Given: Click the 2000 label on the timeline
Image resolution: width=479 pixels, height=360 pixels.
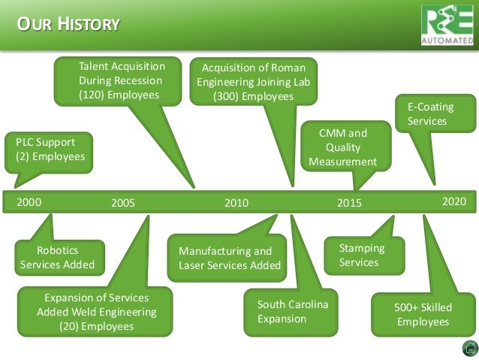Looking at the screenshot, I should pos(29,201).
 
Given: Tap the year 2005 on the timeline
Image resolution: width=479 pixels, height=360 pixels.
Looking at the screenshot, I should pos(122,203).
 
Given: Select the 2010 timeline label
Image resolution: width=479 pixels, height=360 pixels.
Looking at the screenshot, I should pos(236,203).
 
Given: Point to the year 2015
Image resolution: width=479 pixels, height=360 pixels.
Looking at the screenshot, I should pos(349,203).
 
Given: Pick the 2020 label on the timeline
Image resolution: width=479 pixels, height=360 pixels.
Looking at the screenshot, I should pos(454,201).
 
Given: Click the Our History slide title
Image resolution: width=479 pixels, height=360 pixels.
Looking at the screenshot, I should pos(68,25).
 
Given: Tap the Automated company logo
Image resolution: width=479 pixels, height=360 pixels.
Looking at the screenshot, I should pos(448,25).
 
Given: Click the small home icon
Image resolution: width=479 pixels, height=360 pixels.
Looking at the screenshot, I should pos(469,348).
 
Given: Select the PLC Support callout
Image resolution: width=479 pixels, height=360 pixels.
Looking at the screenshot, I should pos(50,150).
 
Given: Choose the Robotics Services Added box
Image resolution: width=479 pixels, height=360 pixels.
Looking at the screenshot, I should pos(57,256).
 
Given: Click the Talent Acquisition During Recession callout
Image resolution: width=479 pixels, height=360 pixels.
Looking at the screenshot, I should pos(119,81).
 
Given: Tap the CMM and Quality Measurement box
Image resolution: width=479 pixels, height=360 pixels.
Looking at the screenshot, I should pos(342,147).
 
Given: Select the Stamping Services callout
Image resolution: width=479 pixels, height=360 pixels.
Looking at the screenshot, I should pos(363,255).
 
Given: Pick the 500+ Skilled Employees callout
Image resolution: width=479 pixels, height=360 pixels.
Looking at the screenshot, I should pos(423,314).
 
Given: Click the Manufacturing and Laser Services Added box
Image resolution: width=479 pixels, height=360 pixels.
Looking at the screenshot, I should pos(229,258).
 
